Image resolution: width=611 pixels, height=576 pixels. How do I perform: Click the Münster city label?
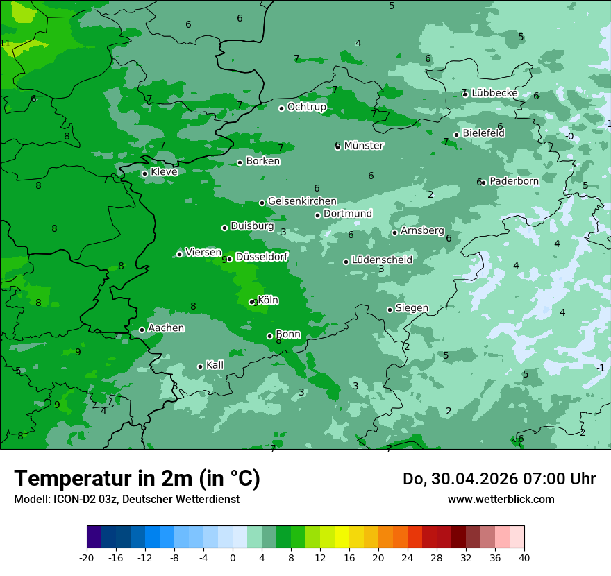click(x=364, y=146)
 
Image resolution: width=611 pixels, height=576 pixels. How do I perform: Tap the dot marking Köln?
click(x=252, y=302)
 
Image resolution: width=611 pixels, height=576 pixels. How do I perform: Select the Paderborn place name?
click(x=514, y=181)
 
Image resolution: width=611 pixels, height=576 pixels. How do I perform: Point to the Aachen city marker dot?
click(x=142, y=330)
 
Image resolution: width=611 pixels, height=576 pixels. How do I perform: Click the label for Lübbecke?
click(x=494, y=93)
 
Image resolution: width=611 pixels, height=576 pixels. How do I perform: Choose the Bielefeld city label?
click(x=483, y=133)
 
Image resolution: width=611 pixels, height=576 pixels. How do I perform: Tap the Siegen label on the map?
click(x=412, y=308)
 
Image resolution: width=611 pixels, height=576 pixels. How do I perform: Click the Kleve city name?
click(x=164, y=172)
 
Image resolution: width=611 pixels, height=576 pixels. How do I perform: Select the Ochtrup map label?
click(x=307, y=107)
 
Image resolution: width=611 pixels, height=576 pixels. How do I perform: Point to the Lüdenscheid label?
click(x=382, y=260)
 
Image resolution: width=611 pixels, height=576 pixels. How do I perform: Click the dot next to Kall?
click(x=200, y=366)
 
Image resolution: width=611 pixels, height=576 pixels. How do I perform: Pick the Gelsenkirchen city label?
click(x=302, y=201)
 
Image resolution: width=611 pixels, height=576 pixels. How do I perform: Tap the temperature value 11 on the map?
click(x=6, y=44)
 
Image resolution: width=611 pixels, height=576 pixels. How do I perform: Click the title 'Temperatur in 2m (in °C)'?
click(x=137, y=479)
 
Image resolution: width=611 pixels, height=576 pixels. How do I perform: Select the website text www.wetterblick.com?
click(x=501, y=499)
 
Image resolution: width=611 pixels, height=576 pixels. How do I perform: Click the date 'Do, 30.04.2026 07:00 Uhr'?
click(x=499, y=479)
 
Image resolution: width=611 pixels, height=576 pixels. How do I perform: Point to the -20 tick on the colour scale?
click(x=87, y=557)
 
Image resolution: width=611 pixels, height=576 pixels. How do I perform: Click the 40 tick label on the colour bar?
click(x=524, y=557)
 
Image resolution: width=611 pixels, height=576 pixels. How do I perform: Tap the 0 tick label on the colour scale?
click(x=233, y=557)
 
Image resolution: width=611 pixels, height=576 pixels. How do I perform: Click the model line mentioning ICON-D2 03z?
click(x=126, y=499)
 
